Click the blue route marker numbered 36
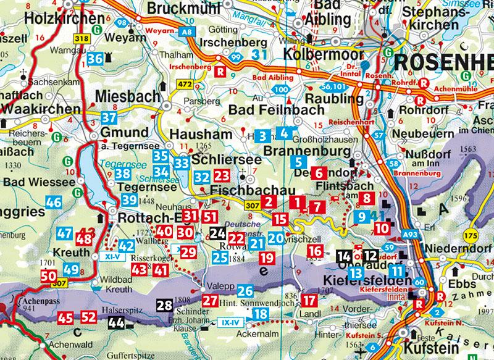(x=95, y=59)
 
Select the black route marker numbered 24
(x=217, y=233)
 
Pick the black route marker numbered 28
(x=164, y=304)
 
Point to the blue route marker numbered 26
(x=245, y=291)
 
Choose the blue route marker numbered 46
(x=54, y=202)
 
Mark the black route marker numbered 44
(x=115, y=321)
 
